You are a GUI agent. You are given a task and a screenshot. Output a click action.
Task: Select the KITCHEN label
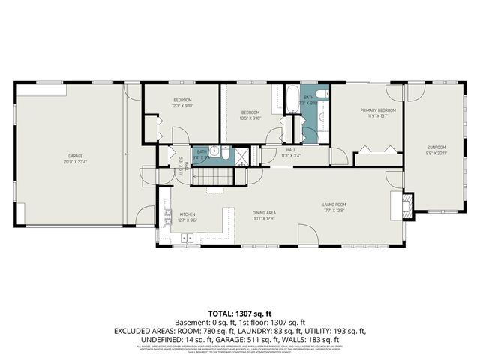click(187, 214)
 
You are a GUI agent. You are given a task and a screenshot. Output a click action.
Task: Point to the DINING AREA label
click(264, 213)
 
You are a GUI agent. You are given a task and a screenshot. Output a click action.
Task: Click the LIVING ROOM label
click(334, 204)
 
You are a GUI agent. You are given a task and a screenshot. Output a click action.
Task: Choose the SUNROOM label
click(436, 147)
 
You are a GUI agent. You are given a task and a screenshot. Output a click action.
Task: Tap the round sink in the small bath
click(214, 151)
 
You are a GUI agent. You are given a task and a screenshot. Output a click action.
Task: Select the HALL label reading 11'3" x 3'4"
click(291, 153)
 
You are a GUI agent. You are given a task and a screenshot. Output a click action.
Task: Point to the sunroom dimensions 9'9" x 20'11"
click(436, 153)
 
